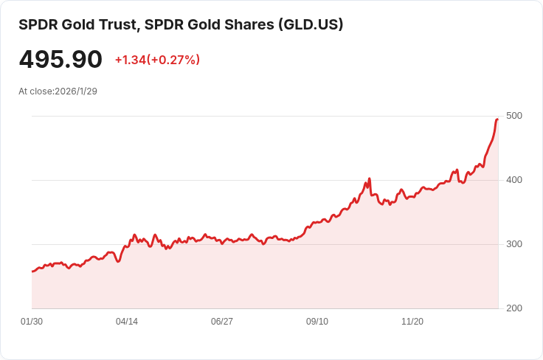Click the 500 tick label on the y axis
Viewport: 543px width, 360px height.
pyautogui.click(x=514, y=116)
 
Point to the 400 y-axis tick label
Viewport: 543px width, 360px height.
pyautogui.click(x=514, y=180)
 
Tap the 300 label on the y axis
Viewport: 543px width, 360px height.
pyautogui.click(x=514, y=244)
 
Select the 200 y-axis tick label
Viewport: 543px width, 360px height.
pyautogui.click(x=514, y=308)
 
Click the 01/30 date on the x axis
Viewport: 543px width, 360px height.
pyautogui.click(x=32, y=322)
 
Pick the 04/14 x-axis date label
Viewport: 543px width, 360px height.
pyautogui.click(x=127, y=322)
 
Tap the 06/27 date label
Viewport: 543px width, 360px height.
pyautogui.click(x=222, y=322)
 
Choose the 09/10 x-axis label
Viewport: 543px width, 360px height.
pyautogui.click(x=317, y=322)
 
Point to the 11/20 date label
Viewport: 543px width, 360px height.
pyautogui.click(x=412, y=322)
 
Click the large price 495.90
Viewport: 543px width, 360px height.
pyautogui.click(x=60, y=60)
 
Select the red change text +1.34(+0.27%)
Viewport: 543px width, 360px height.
pyautogui.click(x=157, y=60)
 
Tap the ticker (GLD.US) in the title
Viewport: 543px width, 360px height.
pyautogui.click(x=310, y=24)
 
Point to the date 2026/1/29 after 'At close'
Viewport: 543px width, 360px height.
pyautogui.click(x=76, y=91)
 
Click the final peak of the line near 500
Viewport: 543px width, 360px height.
pyautogui.click(x=497, y=119)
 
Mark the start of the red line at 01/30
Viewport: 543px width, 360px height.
pyautogui.click(x=32, y=271)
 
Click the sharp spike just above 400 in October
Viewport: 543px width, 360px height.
pyautogui.click(x=369, y=179)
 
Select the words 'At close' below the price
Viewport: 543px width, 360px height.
pyautogui.click(x=35, y=91)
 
